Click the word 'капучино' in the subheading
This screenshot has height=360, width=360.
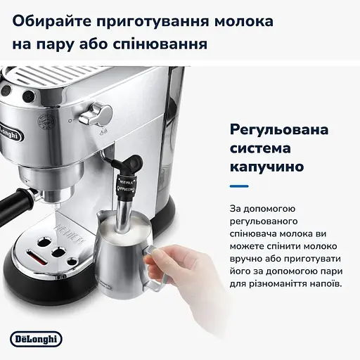266,168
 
